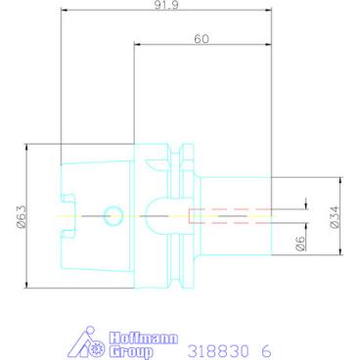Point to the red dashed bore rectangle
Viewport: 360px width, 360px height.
tap(227, 215)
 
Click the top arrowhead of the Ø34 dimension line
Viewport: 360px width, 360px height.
tap(342, 179)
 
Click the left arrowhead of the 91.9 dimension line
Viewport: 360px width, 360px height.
tap(63, 14)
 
